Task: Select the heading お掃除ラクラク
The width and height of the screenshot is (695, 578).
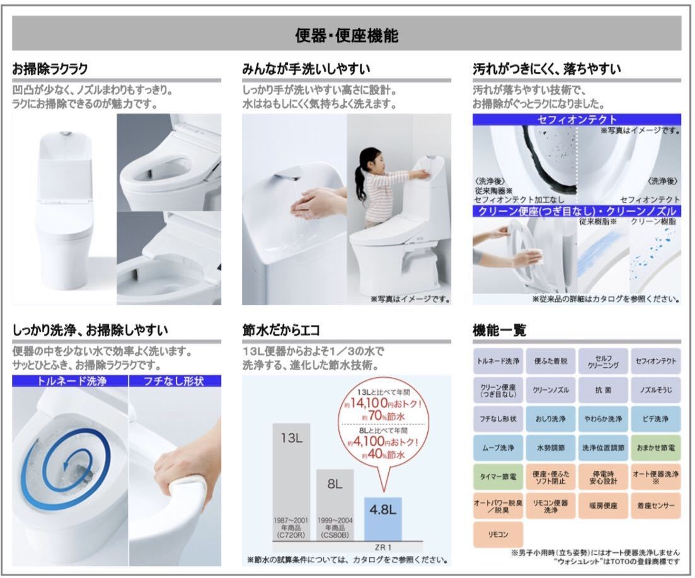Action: (x=50, y=69)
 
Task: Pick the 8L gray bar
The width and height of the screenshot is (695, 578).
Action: (x=335, y=504)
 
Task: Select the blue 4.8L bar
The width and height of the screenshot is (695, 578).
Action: (x=382, y=518)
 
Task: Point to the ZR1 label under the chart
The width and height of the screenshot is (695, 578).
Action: (x=382, y=547)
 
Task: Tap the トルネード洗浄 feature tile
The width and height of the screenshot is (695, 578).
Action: (x=498, y=361)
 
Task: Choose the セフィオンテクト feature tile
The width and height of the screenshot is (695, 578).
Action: (x=656, y=361)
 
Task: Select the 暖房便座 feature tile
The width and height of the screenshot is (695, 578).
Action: (x=603, y=506)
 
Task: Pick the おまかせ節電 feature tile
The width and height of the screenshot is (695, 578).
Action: (x=656, y=448)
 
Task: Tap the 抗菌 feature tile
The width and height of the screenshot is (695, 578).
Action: (x=603, y=390)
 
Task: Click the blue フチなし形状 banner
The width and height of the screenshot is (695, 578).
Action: (x=175, y=380)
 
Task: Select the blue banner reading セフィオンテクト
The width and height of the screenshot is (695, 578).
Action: (x=577, y=119)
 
